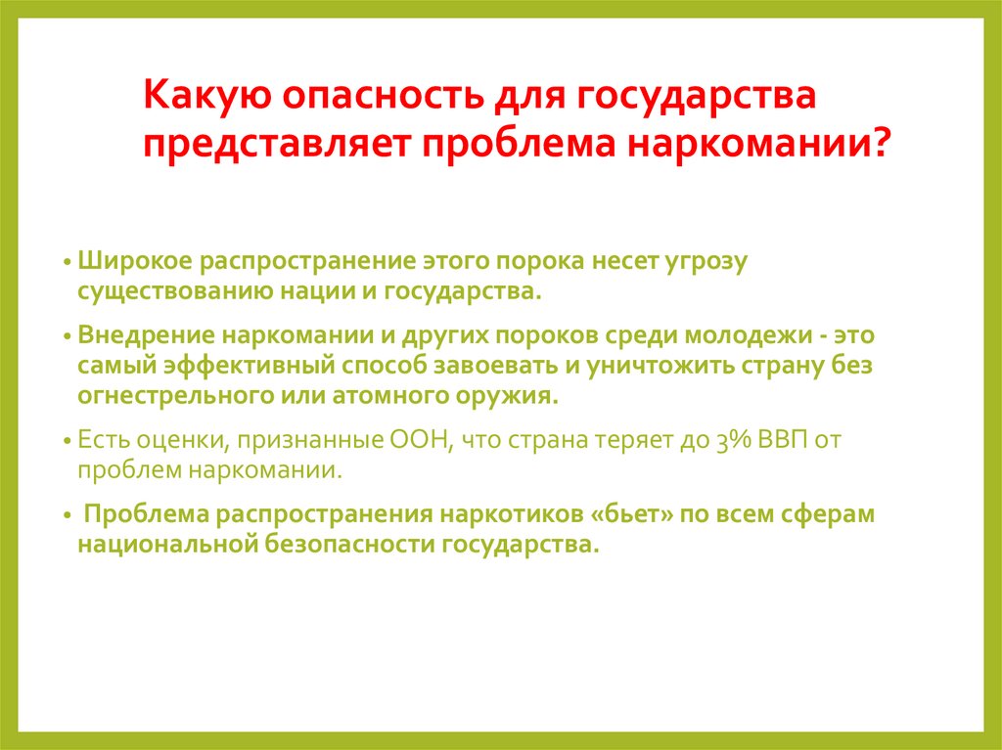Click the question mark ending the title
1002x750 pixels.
coord(880,143)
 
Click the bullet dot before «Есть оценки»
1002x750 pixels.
coord(66,442)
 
